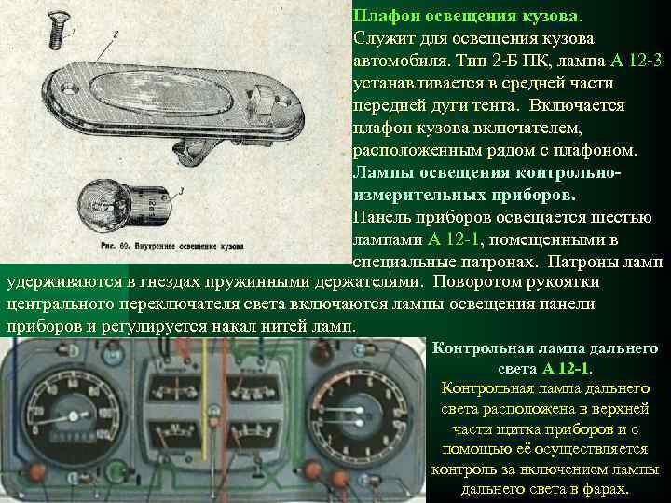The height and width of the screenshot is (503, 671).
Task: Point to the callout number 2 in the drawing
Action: pyautogui.click(x=115, y=34)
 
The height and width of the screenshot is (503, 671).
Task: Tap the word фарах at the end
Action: pyautogui.click(x=607, y=489)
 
